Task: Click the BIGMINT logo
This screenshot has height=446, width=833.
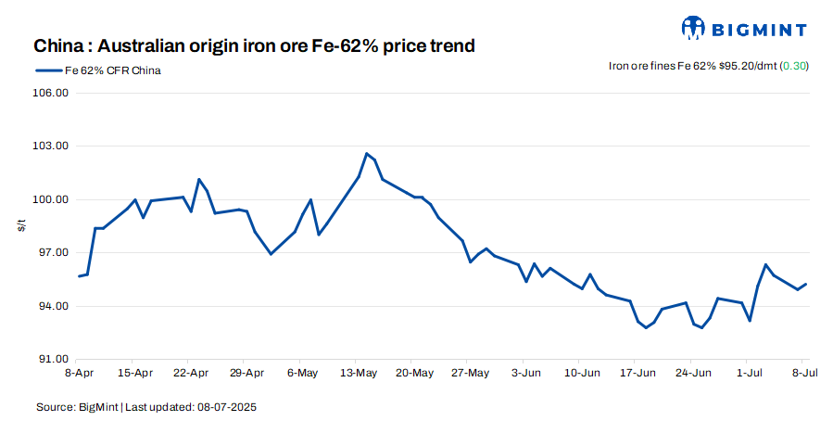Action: [x=743, y=28]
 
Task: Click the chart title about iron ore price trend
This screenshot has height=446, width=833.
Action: [x=255, y=45]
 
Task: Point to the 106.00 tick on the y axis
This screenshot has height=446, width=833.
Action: [x=52, y=94]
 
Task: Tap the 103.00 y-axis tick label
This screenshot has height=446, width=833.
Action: [x=52, y=147]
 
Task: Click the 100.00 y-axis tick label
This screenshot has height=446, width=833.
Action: [x=52, y=200]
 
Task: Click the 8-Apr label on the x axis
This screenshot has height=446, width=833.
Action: [x=79, y=373]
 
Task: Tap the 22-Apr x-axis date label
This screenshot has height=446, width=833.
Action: [x=191, y=373]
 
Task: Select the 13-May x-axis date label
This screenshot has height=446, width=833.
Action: [x=359, y=373]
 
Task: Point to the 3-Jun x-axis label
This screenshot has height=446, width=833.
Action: [x=525, y=373]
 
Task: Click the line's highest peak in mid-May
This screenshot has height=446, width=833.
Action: [x=367, y=154]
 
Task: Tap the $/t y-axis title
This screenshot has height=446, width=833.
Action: [x=21, y=226]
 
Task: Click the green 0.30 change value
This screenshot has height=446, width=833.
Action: [x=795, y=66]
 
